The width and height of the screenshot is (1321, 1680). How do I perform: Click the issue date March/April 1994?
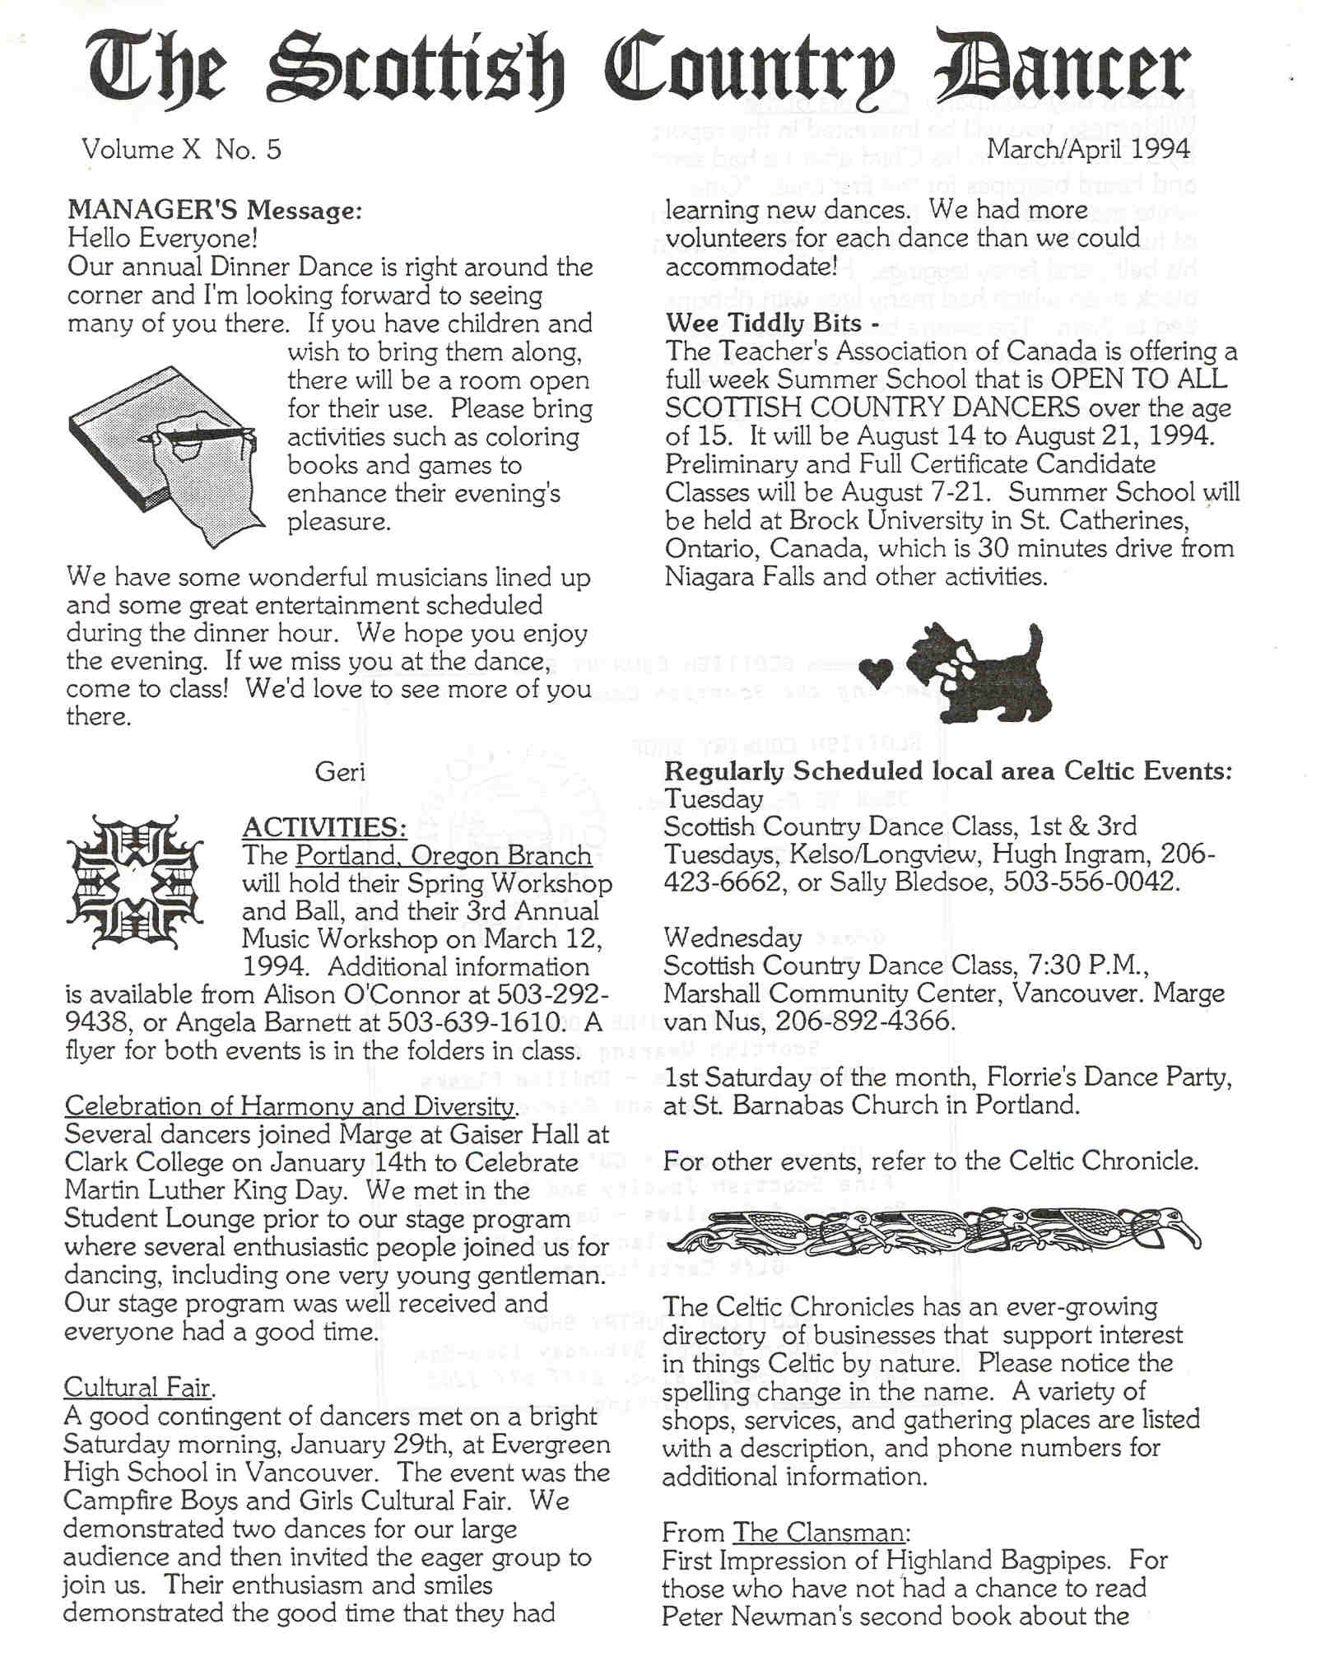point(1088,149)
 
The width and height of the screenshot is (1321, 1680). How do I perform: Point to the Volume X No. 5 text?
point(181,150)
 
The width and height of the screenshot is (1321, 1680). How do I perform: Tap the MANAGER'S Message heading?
point(214,211)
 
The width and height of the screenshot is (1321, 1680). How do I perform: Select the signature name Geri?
point(340,772)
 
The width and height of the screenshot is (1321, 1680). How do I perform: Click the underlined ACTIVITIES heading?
point(324,827)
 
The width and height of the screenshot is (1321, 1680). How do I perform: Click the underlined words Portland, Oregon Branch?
point(443,855)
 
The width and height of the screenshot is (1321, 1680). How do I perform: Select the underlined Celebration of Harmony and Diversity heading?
point(291,1106)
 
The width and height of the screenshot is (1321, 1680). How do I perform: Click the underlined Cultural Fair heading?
point(138,1388)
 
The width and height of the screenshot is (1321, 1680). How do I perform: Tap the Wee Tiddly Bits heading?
point(772,323)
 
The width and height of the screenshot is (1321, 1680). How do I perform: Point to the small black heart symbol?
point(881,673)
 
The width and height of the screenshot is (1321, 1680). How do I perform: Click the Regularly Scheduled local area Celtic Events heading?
point(947,771)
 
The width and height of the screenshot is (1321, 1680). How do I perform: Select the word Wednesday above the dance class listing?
point(733,938)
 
